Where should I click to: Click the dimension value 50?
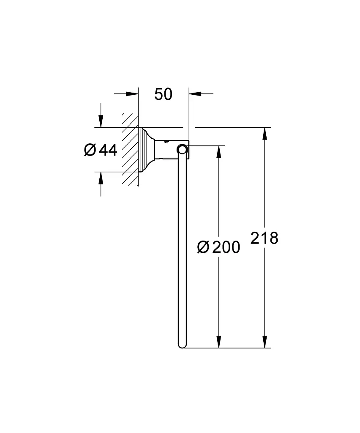pos(164,94)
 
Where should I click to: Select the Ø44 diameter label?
pos(101,150)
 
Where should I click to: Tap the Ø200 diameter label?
pos(219,247)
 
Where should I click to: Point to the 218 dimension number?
pos(264,238)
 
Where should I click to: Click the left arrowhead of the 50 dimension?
pos(132,94)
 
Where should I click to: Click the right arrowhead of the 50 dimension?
pos(195,94)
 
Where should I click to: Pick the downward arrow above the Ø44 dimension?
pos(101,121)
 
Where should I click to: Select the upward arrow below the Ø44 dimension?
pos(101,178)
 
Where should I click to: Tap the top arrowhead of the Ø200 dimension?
pos(219,152)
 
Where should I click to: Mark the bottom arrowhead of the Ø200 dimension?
pos(219,342)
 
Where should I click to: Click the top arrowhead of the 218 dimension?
pos(265,134)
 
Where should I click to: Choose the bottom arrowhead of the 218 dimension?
pos(265,342)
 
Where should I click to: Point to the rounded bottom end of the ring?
pos(182,345)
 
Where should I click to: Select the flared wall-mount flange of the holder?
pos(146,150)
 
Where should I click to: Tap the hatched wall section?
pos(130,150)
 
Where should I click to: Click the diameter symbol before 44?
pos(90,150)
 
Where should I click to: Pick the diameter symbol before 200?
pos(203,247)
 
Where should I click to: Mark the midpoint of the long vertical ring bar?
pos(182,249)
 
